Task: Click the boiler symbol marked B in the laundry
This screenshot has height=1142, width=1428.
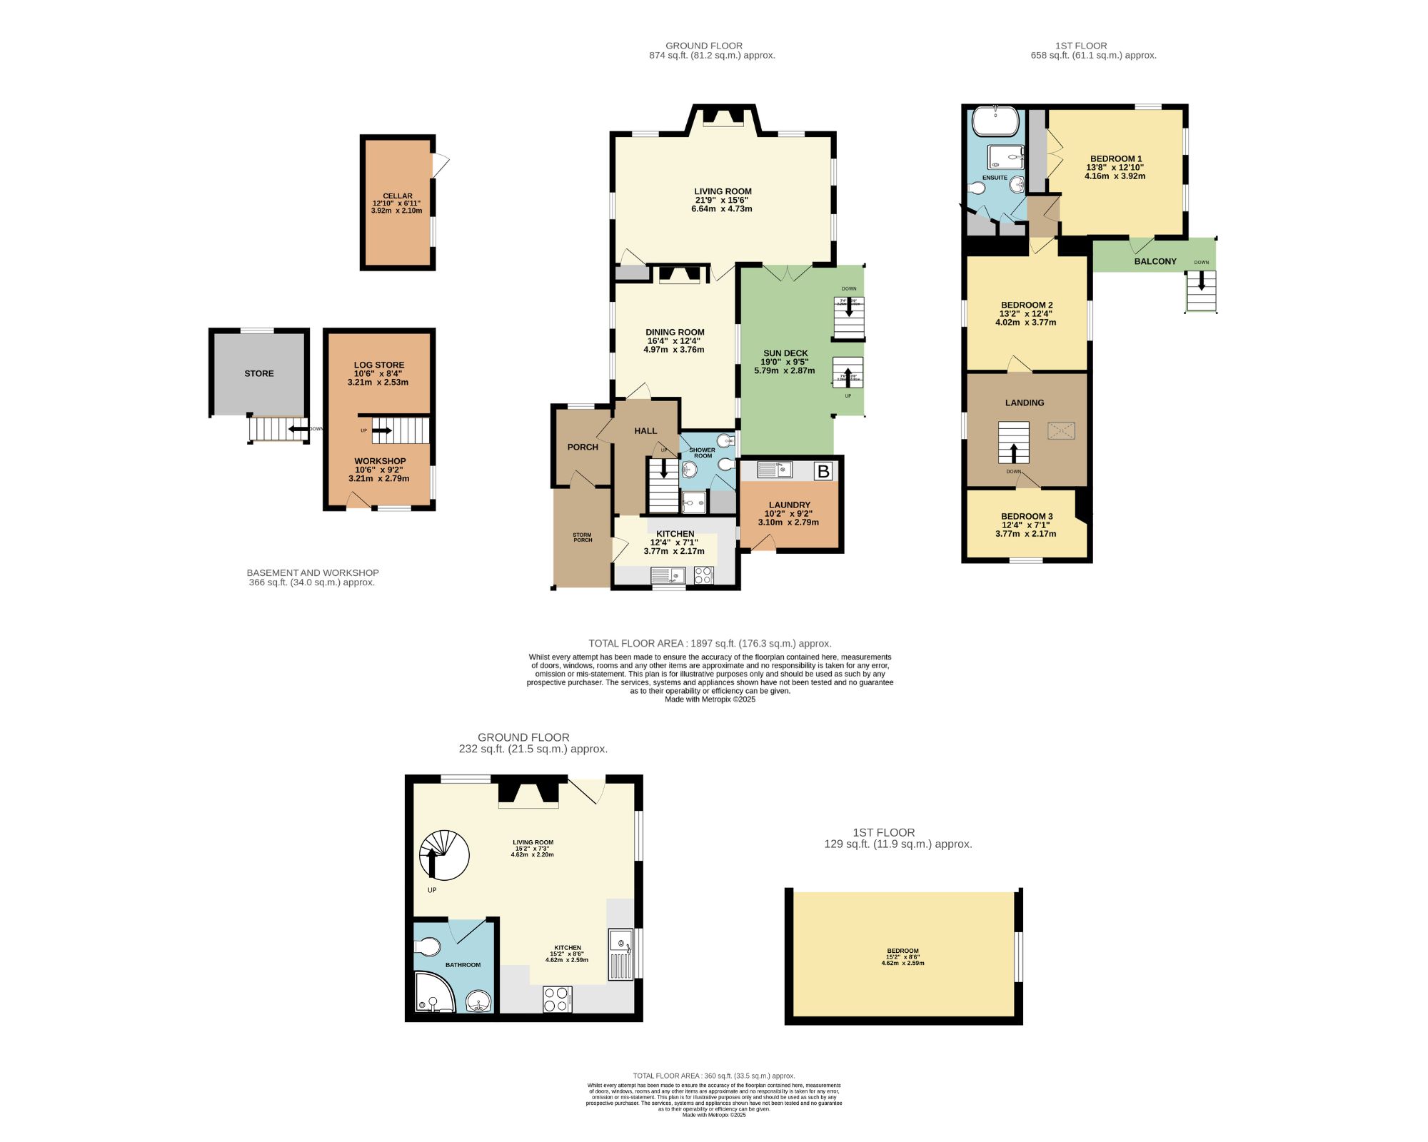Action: tap(823, 471)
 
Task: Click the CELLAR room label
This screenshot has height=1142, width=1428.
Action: tap(398, 196)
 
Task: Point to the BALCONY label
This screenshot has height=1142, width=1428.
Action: tap(1155, 261)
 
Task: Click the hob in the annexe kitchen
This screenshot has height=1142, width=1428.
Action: tap(557, 999)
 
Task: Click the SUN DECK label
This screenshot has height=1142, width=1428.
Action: tap(785, 353)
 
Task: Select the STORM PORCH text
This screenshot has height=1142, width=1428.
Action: tap(583, 537)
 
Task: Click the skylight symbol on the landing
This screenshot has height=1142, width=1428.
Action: tap(1061, 430)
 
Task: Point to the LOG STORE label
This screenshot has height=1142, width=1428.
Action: tap(379, 365)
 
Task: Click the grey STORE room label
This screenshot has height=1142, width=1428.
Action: tap(259, 373)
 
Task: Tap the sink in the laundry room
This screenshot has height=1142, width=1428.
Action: tap(775, 470)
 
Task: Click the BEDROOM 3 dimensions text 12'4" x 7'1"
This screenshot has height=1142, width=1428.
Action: tap(1025, 525)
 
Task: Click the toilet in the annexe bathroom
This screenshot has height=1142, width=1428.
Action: tap(427, 947)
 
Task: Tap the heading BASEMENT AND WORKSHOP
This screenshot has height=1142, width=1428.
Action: tap(313, 572)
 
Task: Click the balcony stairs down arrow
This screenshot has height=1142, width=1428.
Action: tap(1202, 283)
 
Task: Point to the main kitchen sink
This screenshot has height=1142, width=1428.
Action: tap(668, 575)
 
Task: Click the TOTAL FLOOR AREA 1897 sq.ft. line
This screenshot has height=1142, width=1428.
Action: tap(710, 643)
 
